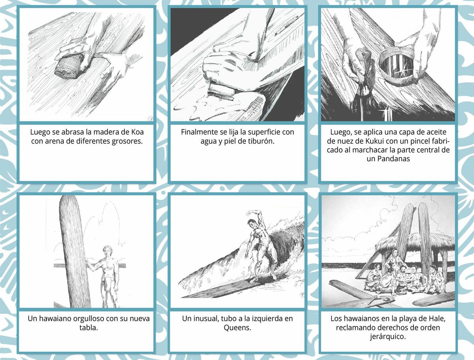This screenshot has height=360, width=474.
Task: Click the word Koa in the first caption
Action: click(x=137, y=132)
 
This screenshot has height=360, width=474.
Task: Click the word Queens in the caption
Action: click(x=237, y=328)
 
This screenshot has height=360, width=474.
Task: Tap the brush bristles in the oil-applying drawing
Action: click(x=362, y=91)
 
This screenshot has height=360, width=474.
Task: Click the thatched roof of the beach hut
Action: click(x=415, y=243)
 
